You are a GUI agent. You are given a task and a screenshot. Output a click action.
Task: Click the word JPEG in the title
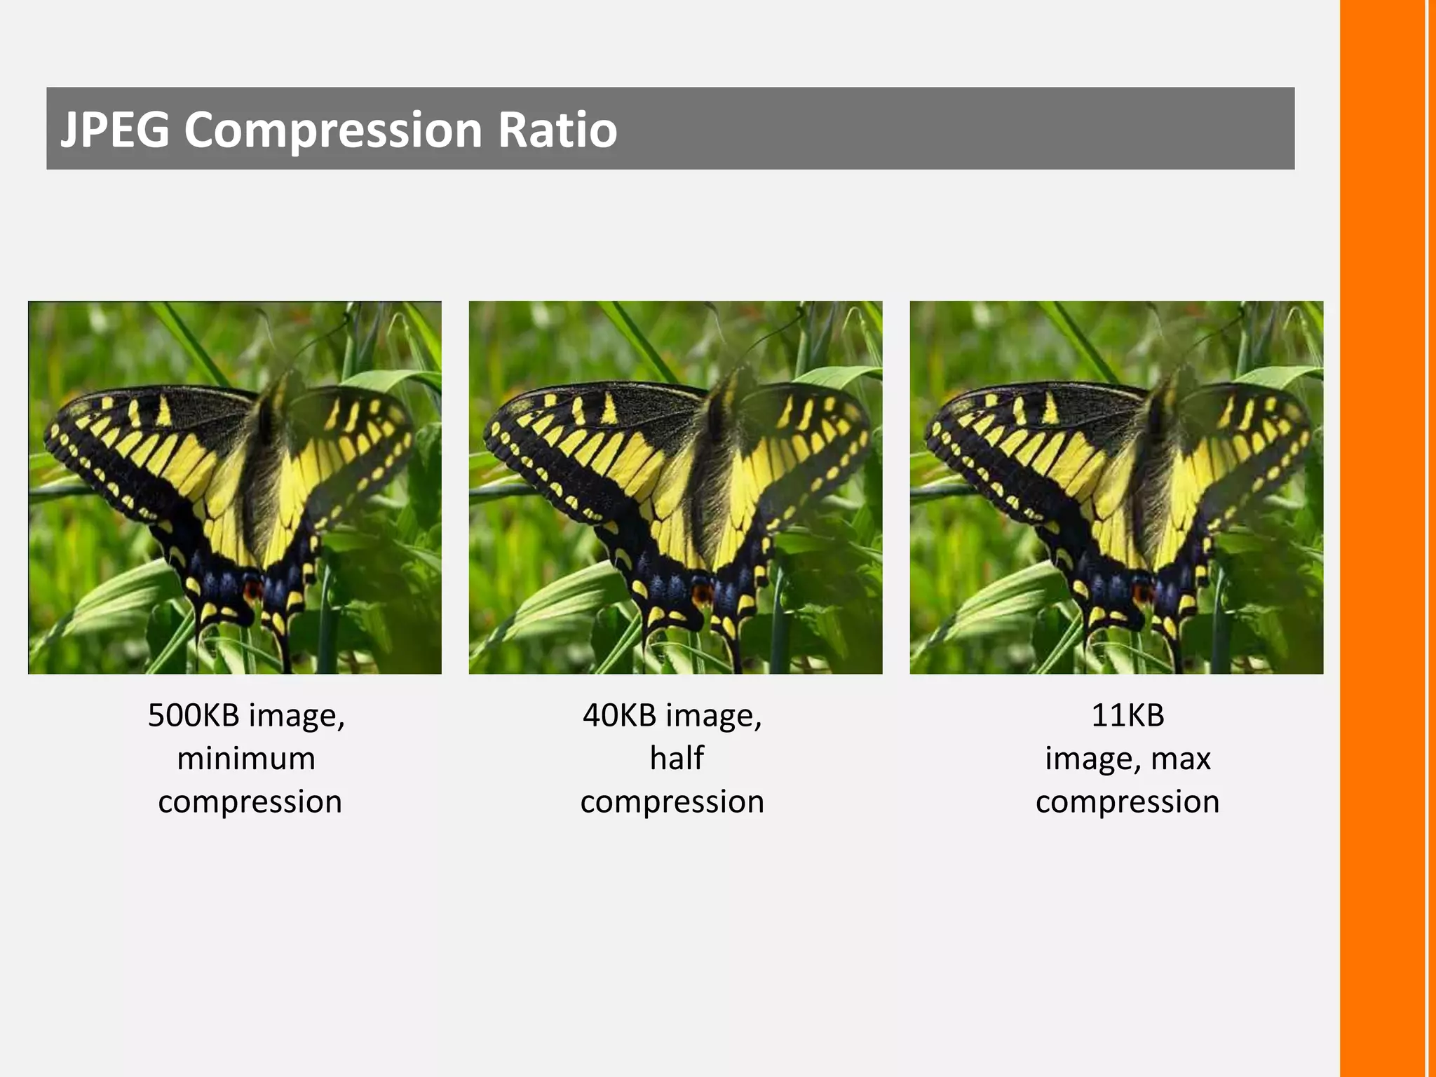coord(115,130)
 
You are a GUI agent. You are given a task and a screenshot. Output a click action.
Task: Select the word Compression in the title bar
coord(333,131)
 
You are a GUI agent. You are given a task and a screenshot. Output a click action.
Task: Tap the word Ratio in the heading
coord(557,130)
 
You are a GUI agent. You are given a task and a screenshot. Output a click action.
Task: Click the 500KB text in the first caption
coord(194,715)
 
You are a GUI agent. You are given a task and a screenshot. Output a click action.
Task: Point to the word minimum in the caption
coord(246,759)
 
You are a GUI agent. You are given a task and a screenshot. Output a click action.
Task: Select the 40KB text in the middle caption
coord(619,715)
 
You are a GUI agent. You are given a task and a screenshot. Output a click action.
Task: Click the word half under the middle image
coord(676,758)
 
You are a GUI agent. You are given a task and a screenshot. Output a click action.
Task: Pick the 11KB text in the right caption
coord(1127,715)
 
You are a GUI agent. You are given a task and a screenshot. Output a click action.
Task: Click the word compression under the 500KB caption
coord(250,802)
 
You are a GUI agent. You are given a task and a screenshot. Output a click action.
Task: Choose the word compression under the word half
coord(672,802)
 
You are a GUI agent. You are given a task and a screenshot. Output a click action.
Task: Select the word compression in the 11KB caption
coord(1127,802)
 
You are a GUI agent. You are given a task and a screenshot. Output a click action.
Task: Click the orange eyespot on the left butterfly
coord(252,589)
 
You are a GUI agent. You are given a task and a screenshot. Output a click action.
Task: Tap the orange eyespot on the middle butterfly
coord(700,595)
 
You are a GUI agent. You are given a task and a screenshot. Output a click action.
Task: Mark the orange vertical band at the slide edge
coord(1383,538)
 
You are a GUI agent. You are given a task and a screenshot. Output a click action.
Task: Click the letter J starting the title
coord(69,131)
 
